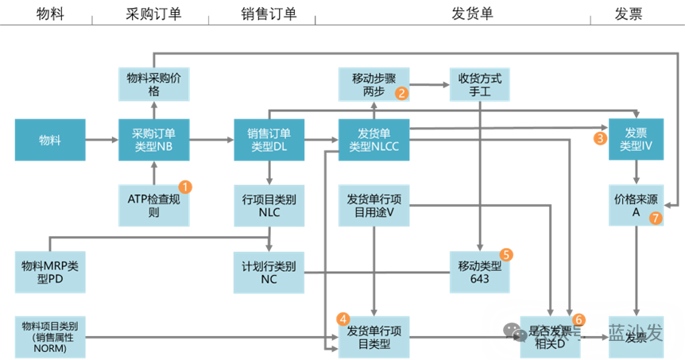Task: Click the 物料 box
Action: click(x=50, y=140)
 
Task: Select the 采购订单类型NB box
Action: click(x=154, y=140)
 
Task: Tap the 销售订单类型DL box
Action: click(x=269, y=140)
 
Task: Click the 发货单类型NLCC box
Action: click(x=373, y=140)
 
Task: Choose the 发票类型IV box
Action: click(x=636, y=140)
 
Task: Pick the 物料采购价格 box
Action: click(x=154, y=84)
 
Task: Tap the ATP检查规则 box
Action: click(x=154, y=206)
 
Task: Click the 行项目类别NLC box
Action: click(x=269, y=206)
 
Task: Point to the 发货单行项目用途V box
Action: click(x=373, y=206)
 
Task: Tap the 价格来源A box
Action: click(x=636, y=206)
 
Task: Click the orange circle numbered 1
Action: click(x=185, y=188)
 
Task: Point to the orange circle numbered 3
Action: click(x=600, y=137)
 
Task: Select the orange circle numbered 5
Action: click(x=506, y=254)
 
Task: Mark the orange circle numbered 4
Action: click(x=343, y=319)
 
